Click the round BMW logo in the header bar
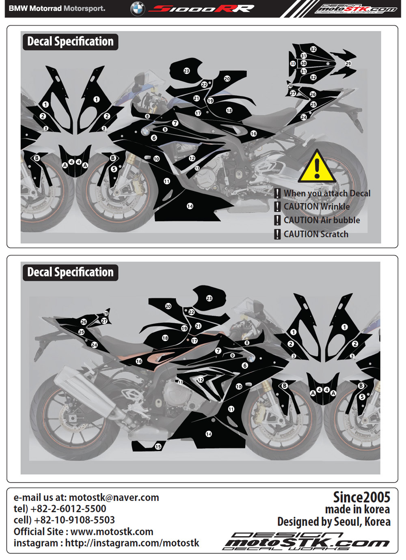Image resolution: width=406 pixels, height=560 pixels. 138,9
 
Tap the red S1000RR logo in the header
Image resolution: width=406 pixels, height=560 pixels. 201,9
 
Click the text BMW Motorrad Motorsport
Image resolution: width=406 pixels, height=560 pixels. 57,9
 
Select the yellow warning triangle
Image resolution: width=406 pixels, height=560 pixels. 317,166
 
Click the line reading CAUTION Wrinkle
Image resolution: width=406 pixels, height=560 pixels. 317,206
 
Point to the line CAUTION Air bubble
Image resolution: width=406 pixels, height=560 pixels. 322,220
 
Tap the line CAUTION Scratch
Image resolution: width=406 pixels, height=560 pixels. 316,234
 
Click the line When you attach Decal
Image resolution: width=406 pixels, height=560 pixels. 327,193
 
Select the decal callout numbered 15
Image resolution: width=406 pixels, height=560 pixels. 158,446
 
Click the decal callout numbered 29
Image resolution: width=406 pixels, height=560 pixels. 348,64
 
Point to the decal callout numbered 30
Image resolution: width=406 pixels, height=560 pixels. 303,63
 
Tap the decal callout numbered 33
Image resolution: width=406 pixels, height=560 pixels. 293,64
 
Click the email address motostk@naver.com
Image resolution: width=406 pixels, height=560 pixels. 114,498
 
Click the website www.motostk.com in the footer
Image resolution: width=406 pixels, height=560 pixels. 112,532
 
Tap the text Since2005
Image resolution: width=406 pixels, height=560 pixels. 361,497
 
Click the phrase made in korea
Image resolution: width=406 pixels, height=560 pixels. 357,509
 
